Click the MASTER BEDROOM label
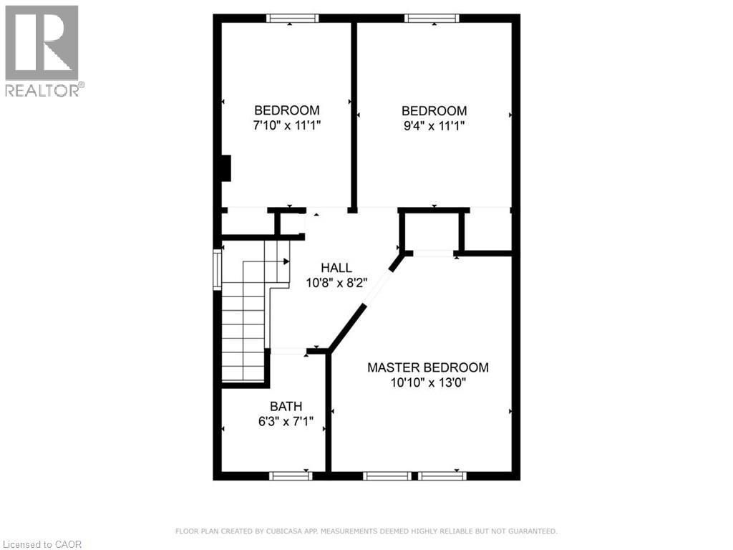click(427, 367)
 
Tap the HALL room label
click(336, 268)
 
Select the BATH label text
click(286, 407)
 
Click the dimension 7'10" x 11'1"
click(286, 125)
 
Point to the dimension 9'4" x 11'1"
click(434, 125)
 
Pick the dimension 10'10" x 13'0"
click(427, 382)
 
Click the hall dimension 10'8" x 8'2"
click(336, 282)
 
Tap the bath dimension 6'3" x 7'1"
click(286, 422)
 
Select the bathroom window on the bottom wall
click(290, 475)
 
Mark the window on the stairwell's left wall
click(217, 269)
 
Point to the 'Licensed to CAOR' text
click(42, 544)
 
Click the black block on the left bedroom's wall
click(225, 168)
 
